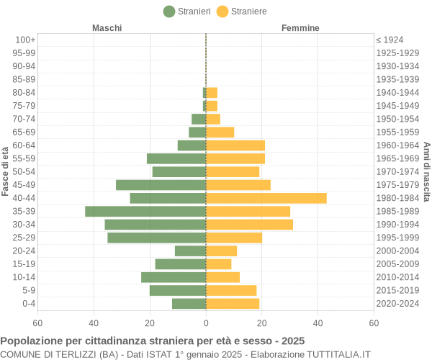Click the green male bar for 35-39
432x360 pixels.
click(x=145, y=211)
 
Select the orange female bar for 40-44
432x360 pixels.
click(x=266, y=198)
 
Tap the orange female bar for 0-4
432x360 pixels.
click(x=232, y=304)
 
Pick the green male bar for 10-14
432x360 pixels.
click(x=174, y=277)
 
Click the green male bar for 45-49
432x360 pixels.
click(x=161, y=185)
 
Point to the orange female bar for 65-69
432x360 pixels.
click(x=220, y=132)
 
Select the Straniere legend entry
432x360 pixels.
click(x=241, y=12)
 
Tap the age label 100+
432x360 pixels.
click(x=25, y=40)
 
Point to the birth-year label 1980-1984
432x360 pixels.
click(x=397, y=198)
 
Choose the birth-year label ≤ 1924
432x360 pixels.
click(x=390, y=40)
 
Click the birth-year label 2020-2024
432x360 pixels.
click(x=397, y=304)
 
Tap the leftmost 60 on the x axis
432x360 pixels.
click(x=37, y=323)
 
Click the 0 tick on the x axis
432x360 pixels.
click(x=206, y=323)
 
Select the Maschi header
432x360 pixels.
click(x=107, y=28)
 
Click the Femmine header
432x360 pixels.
click(x=300, y=28)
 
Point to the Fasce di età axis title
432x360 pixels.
click(x=6, y=171)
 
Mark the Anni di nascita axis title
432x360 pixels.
click(x=426, y=171)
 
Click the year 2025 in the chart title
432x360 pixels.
click(x=292, y=341)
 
